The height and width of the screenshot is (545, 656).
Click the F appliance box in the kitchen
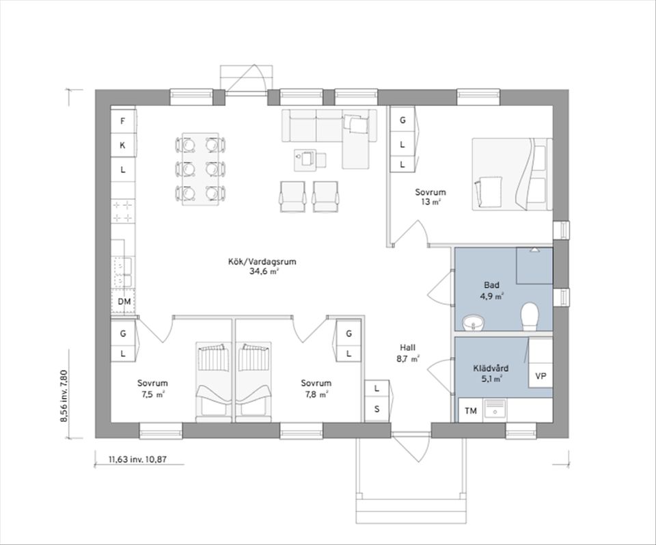coord(123,121)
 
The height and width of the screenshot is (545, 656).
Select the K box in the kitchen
coord(123,145)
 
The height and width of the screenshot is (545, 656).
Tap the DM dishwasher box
coord(123,302)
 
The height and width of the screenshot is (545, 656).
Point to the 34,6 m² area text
coord(262,271)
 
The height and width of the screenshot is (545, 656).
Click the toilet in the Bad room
coord(530,317)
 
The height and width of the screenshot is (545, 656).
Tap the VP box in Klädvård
coord(541,376)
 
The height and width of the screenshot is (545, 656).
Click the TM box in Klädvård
coord(470,411)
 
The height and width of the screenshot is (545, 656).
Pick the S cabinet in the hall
coord(377,409)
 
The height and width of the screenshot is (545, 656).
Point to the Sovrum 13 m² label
coord(430,197)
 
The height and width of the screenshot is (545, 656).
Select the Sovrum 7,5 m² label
coord(152,388)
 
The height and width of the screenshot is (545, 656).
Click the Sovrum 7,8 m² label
coord(316,388)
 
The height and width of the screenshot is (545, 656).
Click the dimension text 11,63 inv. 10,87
coord(137,459)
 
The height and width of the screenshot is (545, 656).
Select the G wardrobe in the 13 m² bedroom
coord(402,120)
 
